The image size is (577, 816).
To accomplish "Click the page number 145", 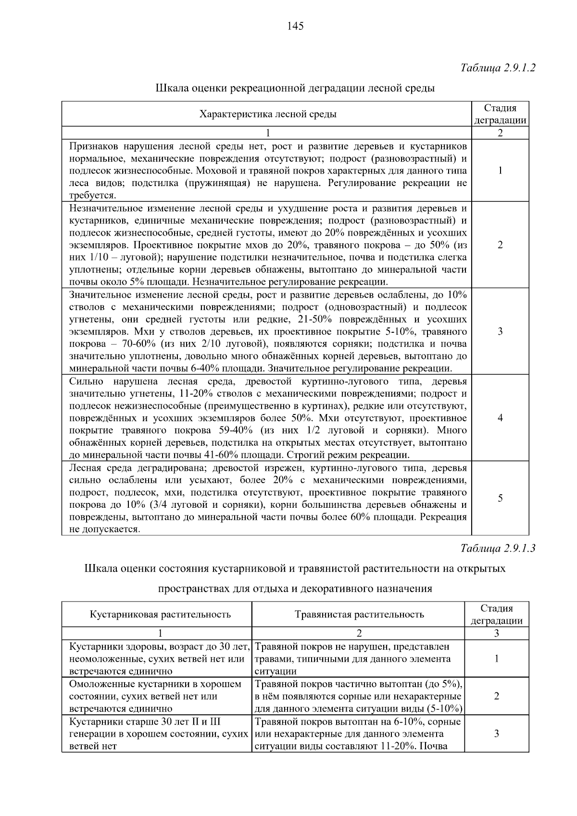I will click(x=295, y=26).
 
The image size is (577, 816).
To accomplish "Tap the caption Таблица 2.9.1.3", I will click(x=498, y=548).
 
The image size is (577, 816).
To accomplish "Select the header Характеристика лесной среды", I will click(x=268, y=114).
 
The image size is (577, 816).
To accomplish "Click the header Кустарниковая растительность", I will click(x=160, y=614).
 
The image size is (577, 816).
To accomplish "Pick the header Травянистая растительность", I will click(x=359, y=614).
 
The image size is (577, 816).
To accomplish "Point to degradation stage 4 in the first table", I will click(x=500, y=418).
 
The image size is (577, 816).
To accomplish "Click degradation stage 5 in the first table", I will click(x=500, y=498).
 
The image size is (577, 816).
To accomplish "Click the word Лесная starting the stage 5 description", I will click(x=85, y=468).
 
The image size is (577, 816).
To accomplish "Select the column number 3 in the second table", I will click(x=497, y=633).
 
